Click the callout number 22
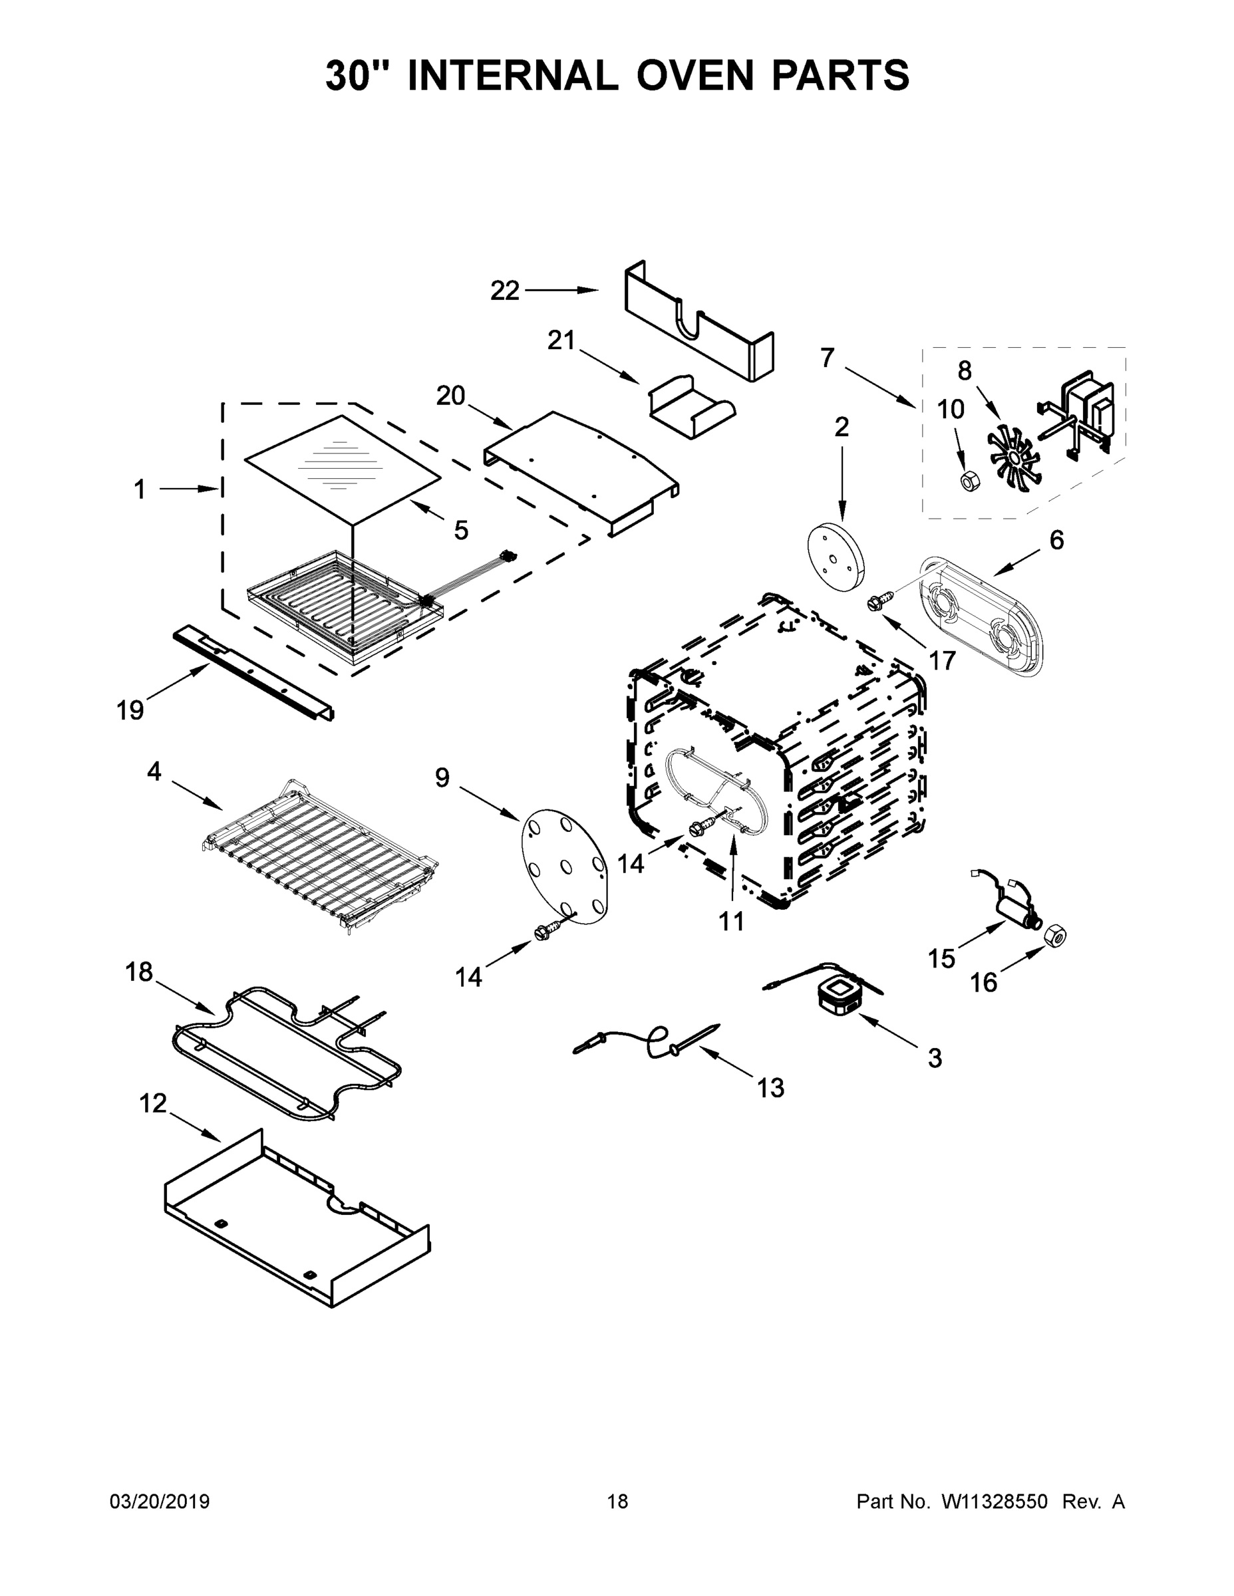click(x=504, y=291)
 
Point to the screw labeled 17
click(x=875, y=603)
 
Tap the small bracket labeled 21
click(x=691, y=408)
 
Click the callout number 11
click(x=731, y=922)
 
